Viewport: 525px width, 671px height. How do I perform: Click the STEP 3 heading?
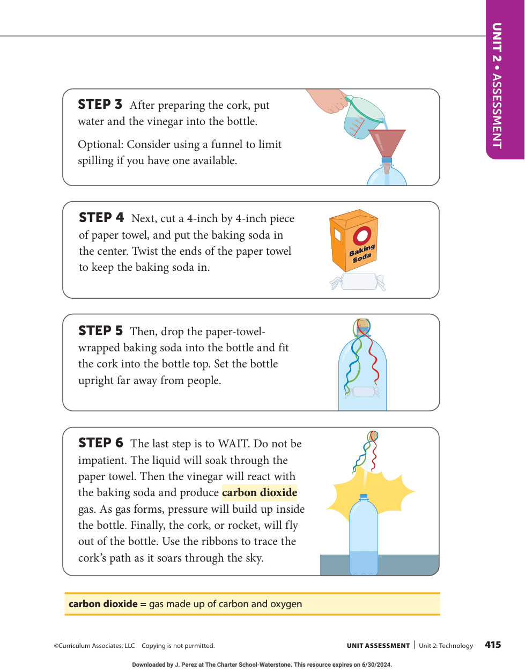point(100,105)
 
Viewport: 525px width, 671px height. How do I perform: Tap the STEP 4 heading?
point(101,217)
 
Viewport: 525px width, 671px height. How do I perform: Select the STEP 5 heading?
point(100,330)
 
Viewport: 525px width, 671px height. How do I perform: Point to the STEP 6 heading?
point(101,443)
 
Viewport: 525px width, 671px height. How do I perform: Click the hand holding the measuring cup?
point(328,100)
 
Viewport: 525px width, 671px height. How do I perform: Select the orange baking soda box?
point(354,240)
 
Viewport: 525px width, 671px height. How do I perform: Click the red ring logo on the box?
point(362,235)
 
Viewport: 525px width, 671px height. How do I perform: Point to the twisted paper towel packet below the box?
point(357,282)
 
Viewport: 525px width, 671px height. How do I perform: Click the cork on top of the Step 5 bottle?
point(363,325)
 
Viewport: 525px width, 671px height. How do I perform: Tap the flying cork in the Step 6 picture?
point(373,436)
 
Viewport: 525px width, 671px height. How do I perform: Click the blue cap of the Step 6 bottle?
point(364,497)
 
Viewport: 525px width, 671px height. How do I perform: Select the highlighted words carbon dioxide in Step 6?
point(260,492)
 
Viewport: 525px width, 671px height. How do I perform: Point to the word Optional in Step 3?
point(101,144)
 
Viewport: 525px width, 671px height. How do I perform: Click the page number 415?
point(493,644)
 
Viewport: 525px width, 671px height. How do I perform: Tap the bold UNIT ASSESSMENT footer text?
point(378,645)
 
